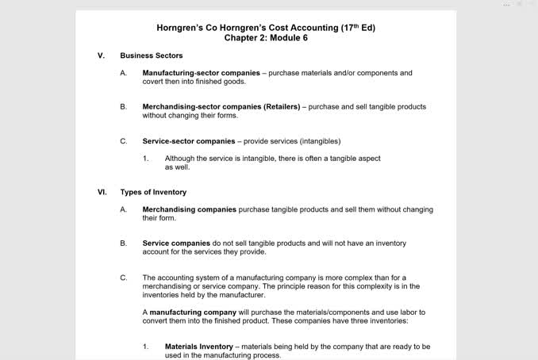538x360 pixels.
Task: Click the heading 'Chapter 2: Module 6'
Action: click(266, 38)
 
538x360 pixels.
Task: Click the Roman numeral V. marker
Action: click(101, 56)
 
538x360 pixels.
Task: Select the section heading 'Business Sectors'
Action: click(151, 56)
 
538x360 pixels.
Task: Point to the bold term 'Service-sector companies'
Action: click(188, 141)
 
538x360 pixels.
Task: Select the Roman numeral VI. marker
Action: click(102, 192)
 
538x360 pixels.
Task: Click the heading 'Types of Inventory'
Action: click(153, 192)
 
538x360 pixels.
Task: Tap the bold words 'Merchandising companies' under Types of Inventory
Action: click(189, 209)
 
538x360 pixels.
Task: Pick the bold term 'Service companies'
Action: click(176, 243)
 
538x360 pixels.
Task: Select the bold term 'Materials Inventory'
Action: click(198, 347)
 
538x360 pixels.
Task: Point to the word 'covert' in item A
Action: click(154, 82)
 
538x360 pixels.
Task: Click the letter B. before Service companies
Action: click(123, 243)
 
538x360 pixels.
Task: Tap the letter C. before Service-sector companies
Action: click(123, 141)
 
